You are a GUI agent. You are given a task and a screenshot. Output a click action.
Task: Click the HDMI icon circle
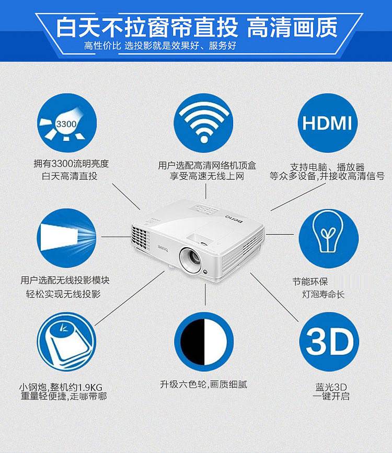click(x=328, y=123)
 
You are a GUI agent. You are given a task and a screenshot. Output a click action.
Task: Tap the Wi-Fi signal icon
click(x=203, y=123)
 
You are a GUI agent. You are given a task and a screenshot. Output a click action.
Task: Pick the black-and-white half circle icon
click(x=204, y=342)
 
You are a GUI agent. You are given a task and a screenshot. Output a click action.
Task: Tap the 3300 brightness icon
click(x=67, y=123)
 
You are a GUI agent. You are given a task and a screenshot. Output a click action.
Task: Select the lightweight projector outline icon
click(x=66, y=342)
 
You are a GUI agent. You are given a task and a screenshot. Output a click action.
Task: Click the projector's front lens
click(x=190, y=258)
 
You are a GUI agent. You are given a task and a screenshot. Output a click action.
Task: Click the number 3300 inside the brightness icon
click(x=66, y=124)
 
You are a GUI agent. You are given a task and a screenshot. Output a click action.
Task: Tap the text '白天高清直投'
click(x=70, y=176)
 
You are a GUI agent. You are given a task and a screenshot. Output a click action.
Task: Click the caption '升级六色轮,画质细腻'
click(x=203, y=385)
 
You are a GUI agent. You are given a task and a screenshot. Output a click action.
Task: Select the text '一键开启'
click(x=331, y=396)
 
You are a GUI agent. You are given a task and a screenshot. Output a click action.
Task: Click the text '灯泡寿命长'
click(x=323, y=294)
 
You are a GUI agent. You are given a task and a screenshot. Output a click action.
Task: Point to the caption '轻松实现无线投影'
click(x=63, y=294)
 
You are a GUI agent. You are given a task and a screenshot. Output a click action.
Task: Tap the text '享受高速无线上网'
click(x=206, y=176)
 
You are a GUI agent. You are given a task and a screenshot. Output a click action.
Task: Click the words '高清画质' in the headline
click(x=292, y=28)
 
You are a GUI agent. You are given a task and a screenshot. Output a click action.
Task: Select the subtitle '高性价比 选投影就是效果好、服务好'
click(x=160, y=45)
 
